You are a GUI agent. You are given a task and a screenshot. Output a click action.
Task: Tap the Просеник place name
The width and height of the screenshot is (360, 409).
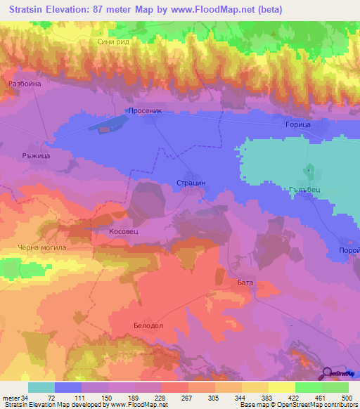point(146,111)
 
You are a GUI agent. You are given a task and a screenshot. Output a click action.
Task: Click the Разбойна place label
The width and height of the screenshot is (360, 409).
point(25,84)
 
